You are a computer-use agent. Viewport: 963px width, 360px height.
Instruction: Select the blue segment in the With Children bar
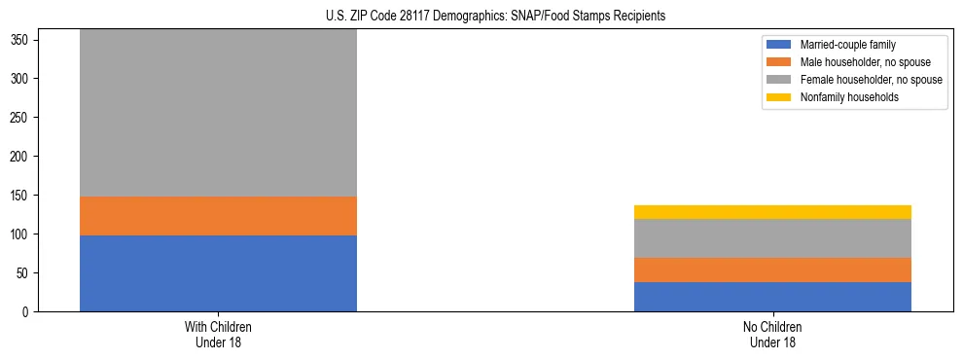(x=218, y=273)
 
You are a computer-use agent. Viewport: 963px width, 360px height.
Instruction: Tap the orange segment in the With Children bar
(x=218, y=216)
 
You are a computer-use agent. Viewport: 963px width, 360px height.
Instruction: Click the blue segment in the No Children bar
(x=772, y=297)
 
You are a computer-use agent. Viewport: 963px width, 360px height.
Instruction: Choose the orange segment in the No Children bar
(x=772, y=270)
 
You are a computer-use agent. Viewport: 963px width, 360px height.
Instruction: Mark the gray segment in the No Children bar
(x=772, y=238)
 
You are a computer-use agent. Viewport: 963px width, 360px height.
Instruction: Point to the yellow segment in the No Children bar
(x=772, y=212)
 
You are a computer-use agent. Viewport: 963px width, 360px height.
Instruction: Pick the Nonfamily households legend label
(x=842, y=97)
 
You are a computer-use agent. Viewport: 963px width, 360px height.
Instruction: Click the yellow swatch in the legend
(x=779, y=97)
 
